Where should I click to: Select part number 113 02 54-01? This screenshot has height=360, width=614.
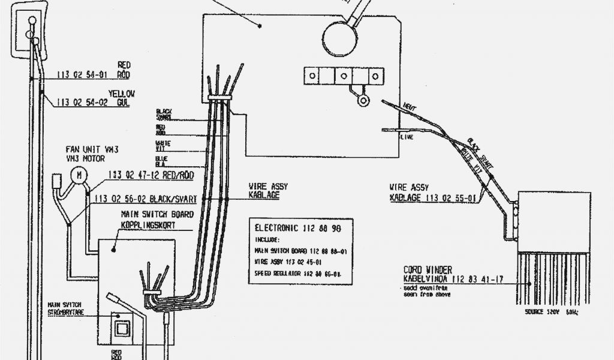(x=82, y=75)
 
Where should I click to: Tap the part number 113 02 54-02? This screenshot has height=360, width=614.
(x=82, y=103)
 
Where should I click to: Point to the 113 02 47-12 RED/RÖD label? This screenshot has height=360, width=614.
(x=153, y=175)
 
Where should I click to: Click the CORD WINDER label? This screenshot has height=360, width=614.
(x=428, y=271)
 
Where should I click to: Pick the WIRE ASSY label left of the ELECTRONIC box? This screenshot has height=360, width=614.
(x=265, y=186)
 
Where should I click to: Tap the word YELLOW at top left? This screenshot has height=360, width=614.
(x=122, y=94)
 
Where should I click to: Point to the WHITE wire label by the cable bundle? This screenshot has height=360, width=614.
(x=163, y=144)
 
